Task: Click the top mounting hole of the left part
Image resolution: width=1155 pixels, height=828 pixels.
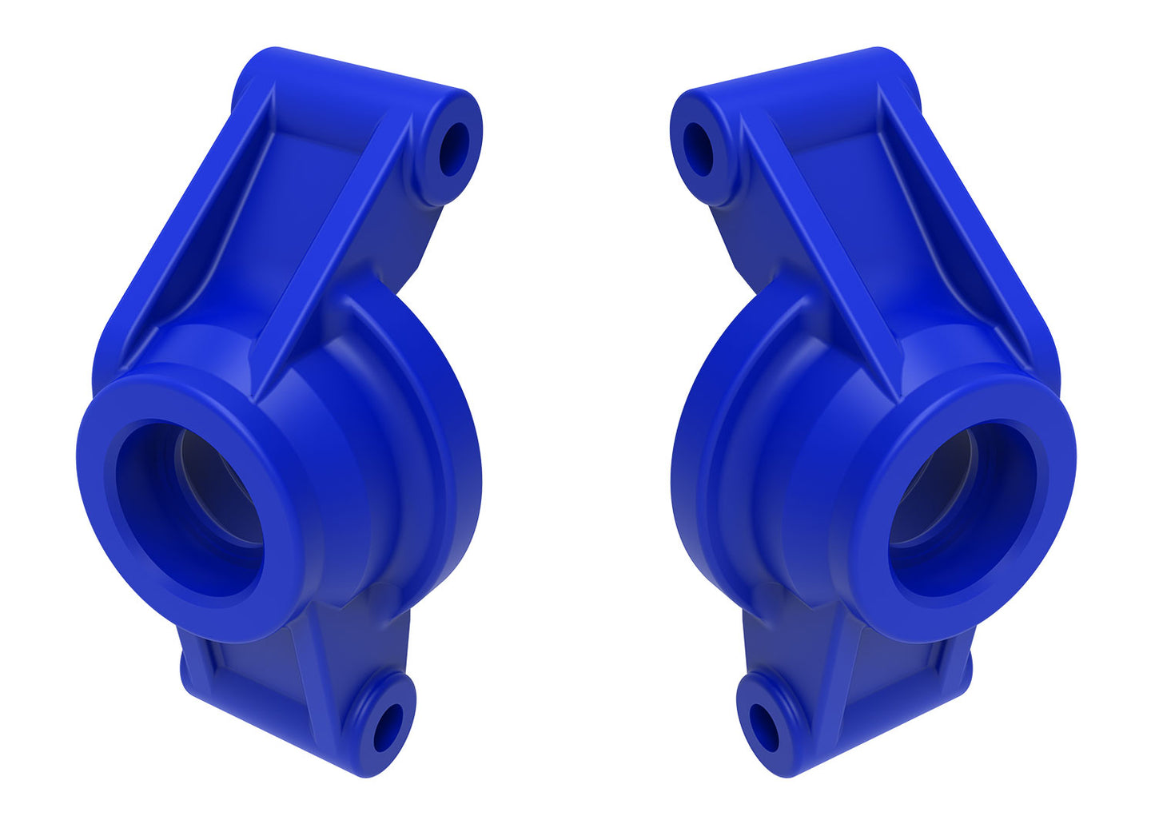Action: pos(454,149)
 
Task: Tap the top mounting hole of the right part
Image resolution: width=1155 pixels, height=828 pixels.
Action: pos(699,149)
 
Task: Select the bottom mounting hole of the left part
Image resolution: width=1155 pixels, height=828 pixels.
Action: pos(388,727)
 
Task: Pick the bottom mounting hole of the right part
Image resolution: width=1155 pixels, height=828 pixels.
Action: pos(765,727)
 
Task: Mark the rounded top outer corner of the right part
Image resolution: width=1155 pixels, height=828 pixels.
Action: pos(887,64)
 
